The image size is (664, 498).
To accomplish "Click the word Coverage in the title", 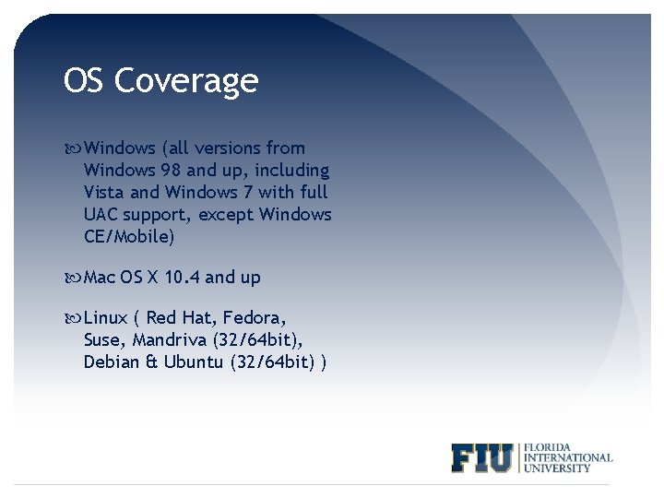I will click(187, 81).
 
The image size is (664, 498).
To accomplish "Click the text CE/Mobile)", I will click(128, 237).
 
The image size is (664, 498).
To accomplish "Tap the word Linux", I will click(105, 318).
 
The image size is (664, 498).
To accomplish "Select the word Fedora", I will click(255, 318).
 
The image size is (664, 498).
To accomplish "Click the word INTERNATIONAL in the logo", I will click(568, 457).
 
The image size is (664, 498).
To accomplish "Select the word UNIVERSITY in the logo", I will click(557, 468).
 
